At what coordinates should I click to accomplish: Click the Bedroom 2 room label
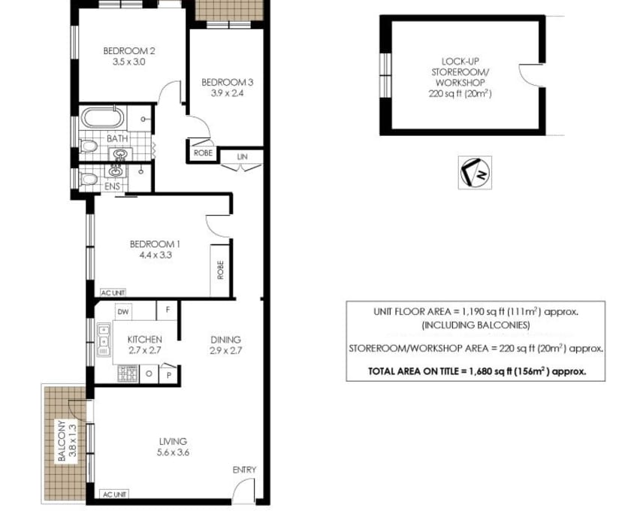(x=129, y=51)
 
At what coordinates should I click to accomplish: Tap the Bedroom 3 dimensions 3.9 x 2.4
(x=227, y=93)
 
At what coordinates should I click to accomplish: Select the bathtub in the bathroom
(x=103, y=118)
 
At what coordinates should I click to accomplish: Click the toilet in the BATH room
(x=88, y=147)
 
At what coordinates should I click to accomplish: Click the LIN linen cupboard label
(x=242, y=157)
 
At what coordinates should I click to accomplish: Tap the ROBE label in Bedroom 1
(x=221, y=270)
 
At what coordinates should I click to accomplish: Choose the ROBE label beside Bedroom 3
(x=203, y=153)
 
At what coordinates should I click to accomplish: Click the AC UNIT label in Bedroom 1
(x=113, y=293)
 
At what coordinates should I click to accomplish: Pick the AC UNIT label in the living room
(x=115, y=494)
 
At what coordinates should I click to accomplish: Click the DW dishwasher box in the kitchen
(x=123, y=312)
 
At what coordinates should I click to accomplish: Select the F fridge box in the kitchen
(x=168, y=310)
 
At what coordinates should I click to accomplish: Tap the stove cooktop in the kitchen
(x=128, y=374)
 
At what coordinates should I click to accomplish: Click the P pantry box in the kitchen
(x=169, y=375)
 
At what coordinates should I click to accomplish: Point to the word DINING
(x=225, y=340)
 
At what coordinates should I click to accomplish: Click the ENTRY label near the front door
(x=244, y=470)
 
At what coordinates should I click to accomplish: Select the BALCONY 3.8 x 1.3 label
(x=67, y=440)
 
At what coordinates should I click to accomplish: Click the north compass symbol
(x=475, y=173)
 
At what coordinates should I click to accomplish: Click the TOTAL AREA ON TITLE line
(x=477, y=371)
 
